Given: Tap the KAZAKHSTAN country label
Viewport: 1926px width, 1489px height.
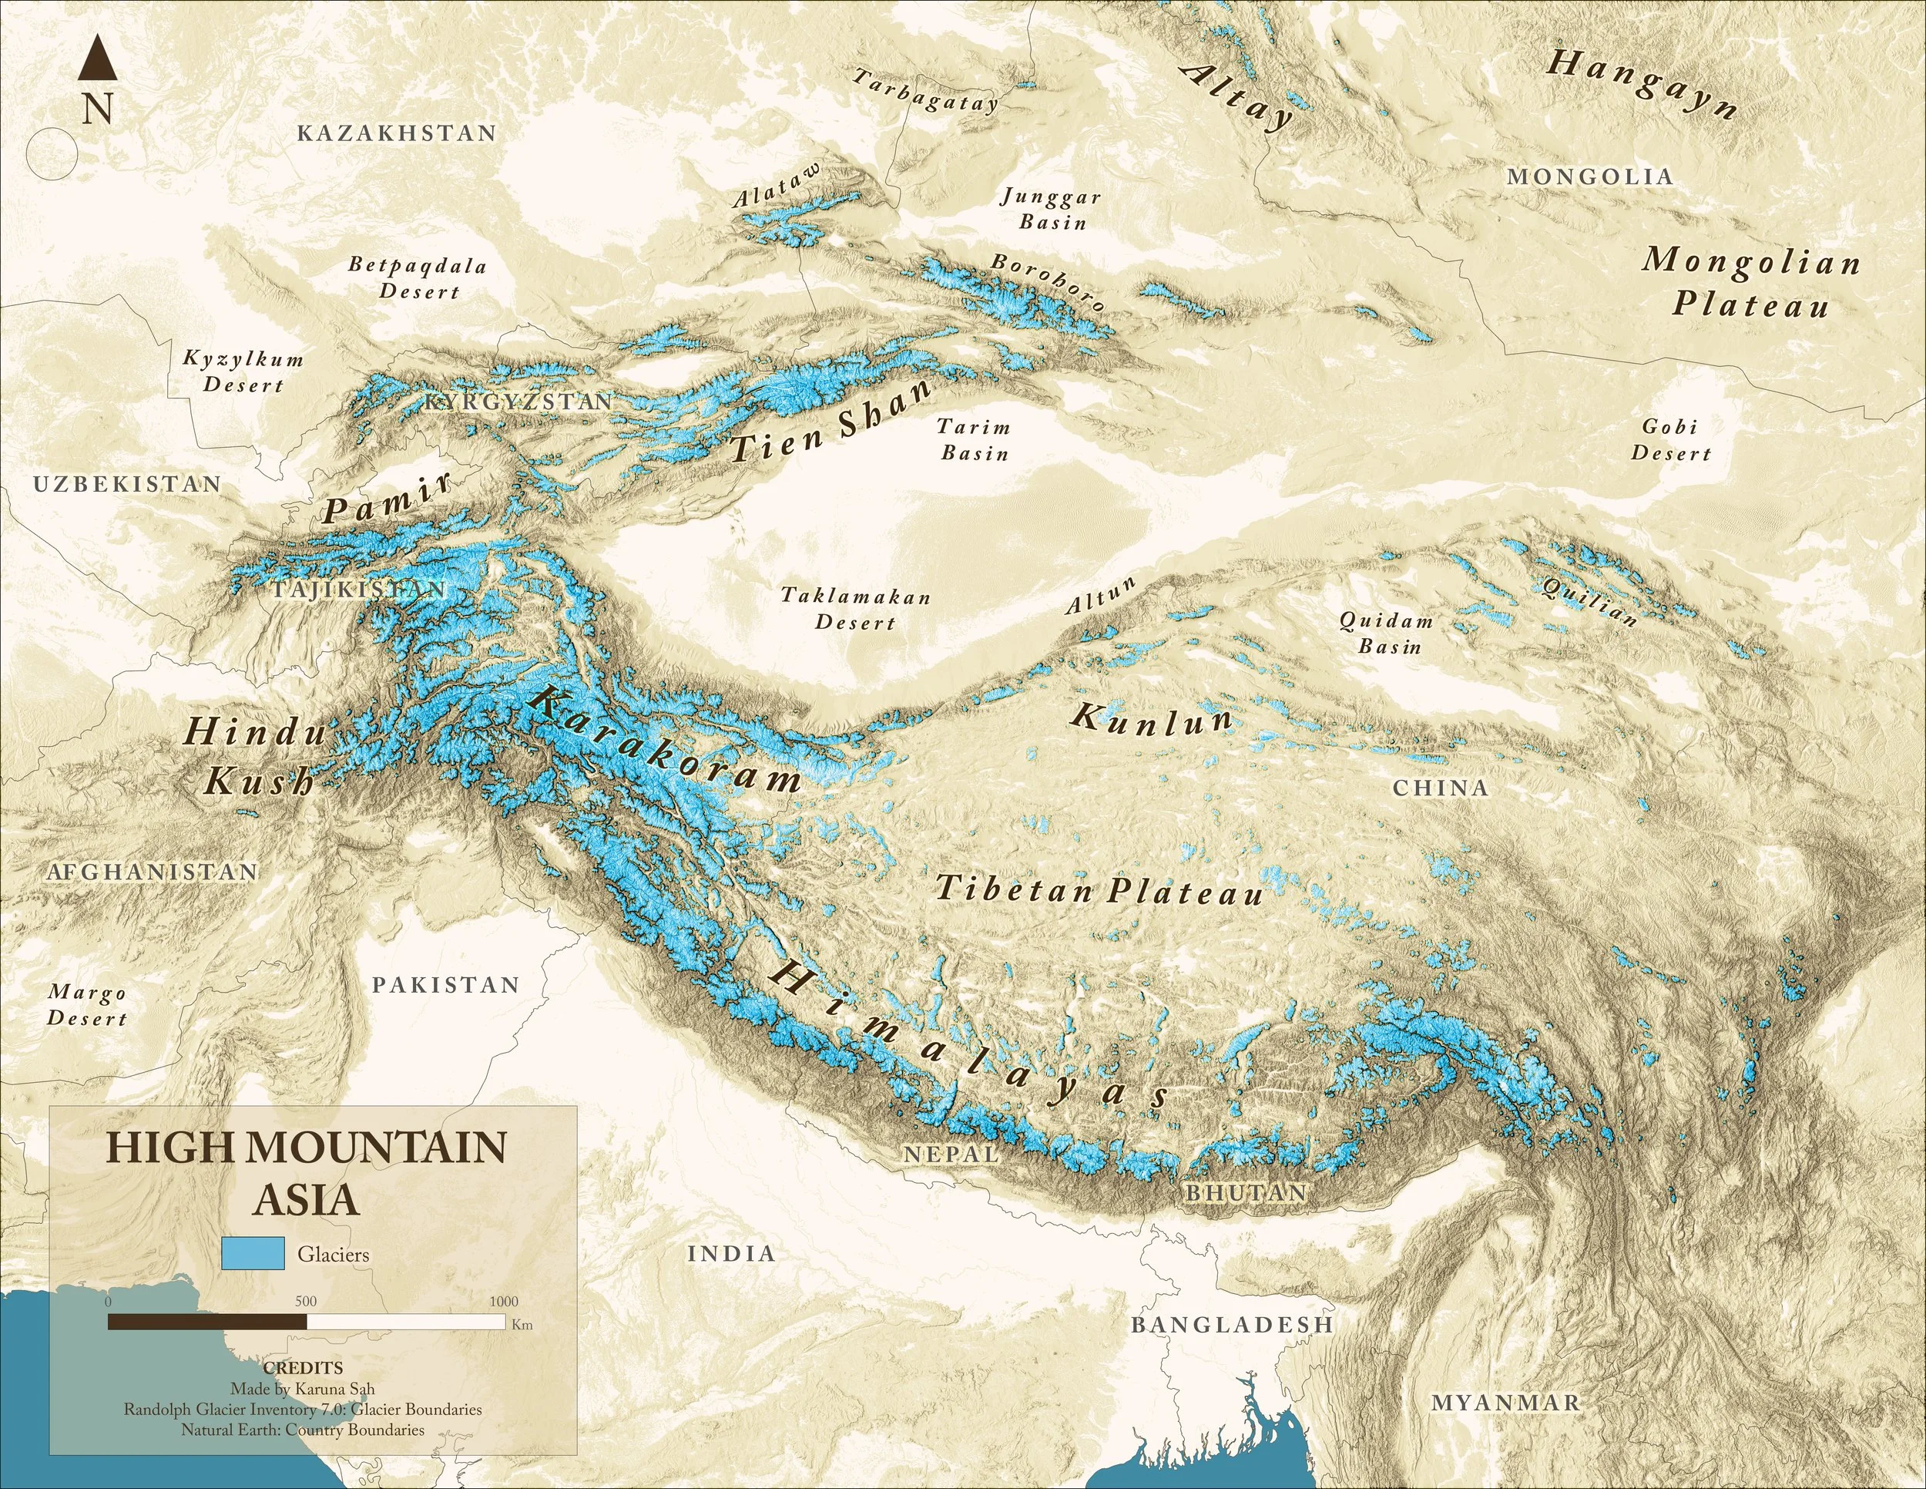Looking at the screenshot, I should point(397,133).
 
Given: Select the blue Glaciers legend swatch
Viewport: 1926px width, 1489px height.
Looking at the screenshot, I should point(253,1253).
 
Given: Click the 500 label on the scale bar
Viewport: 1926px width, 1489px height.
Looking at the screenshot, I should point(306,1301).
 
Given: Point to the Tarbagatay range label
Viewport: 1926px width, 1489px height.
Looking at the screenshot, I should point(925,92).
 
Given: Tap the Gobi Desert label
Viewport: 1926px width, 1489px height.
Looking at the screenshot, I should point(1670,440).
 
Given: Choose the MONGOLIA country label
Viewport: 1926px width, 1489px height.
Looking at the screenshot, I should point(1590,176).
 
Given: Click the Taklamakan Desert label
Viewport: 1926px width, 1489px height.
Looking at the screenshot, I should point(855,610).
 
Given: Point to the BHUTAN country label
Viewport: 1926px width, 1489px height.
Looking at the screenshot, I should point(1246,1192).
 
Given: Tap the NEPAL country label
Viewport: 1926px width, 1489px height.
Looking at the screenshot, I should point(951,1154).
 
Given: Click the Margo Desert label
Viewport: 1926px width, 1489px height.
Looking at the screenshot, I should point(87,1006).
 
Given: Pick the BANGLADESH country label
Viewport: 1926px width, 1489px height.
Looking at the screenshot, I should point(1232,1325).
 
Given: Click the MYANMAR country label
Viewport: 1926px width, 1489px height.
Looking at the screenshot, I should point(1506,1403).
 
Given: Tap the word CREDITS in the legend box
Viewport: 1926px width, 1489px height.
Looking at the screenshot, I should point(303,1368).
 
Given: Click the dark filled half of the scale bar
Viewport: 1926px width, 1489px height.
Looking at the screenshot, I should point(207,1322).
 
